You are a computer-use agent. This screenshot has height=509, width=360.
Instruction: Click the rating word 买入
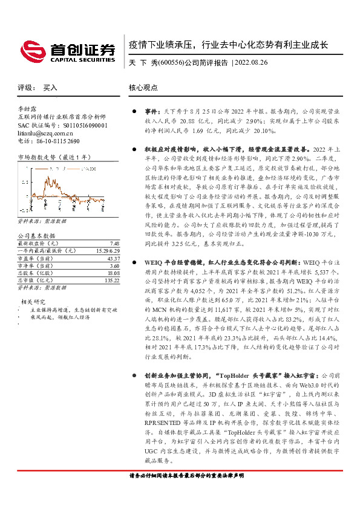[50, 88]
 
